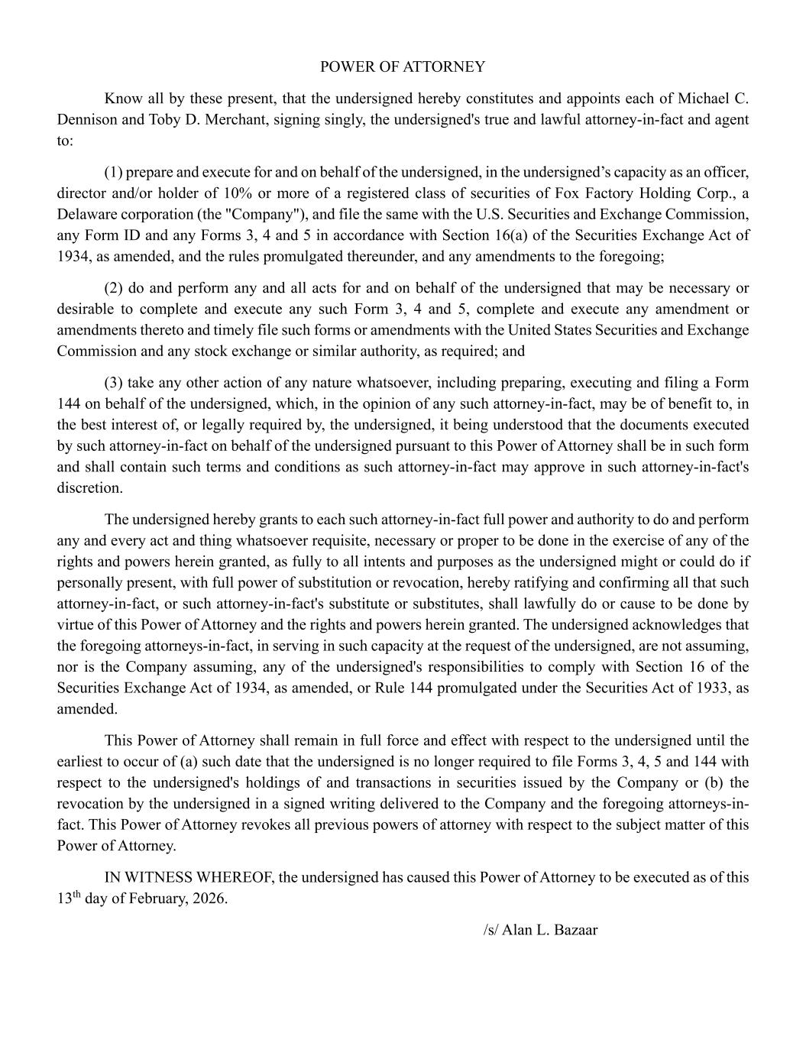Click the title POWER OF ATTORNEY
[x=402, y=66]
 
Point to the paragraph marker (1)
[x=113, y=172]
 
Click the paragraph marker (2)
[x=113, y=288]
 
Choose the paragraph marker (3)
[x=113, y=383]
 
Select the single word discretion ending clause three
[x=89, y=488]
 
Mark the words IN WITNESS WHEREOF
[x=189, y=877]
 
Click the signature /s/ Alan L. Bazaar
[x=540, y=931]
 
